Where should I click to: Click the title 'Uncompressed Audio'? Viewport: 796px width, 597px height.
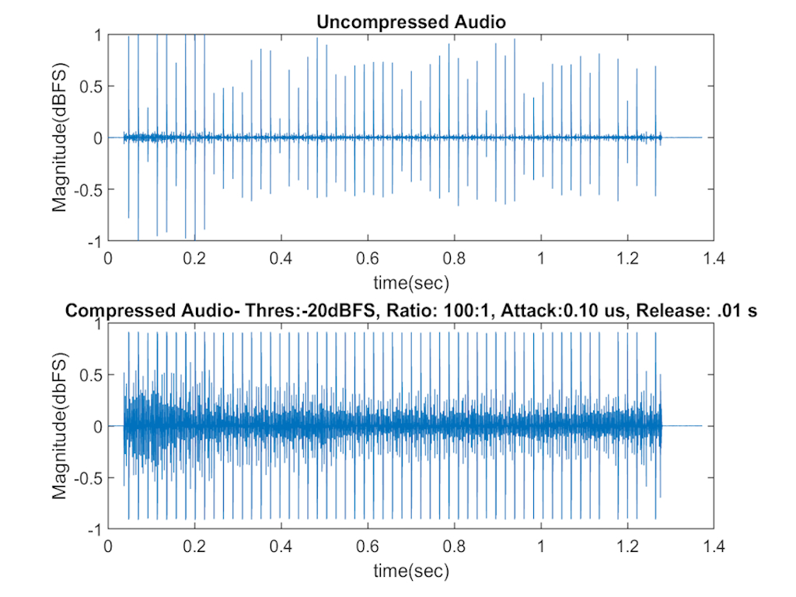click(411, 22)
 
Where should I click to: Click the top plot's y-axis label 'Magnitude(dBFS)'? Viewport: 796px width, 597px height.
click(60, 138)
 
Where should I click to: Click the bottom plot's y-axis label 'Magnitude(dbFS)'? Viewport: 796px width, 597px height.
click(60, 426)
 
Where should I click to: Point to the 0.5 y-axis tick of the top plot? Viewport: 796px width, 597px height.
click(91, 86)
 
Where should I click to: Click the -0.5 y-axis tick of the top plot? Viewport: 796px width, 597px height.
click(89, 190)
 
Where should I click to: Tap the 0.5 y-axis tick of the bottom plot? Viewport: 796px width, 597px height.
click(91, 375)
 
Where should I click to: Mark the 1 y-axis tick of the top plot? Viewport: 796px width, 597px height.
click(98, 35)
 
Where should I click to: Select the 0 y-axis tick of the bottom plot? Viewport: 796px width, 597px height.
click(98, 426)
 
